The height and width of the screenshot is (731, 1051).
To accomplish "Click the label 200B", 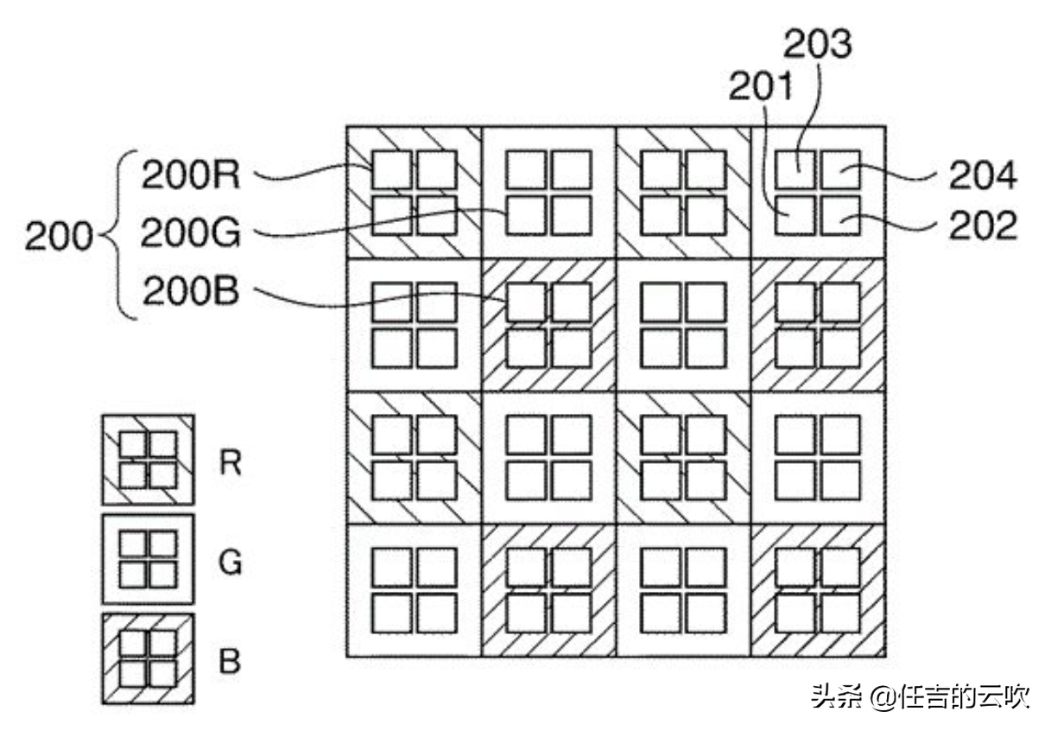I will pyautogui.click(x=191, y=292).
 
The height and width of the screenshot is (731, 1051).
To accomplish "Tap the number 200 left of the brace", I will pyautogui.click(x=59, y=236).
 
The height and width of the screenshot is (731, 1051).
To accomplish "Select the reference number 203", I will pyautogui.click(x=816, y=44).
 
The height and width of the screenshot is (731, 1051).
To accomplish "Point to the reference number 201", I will pyautogui.click(x=761, y=86).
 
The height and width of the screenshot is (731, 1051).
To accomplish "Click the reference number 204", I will pyautogui.click(x=983, y=176).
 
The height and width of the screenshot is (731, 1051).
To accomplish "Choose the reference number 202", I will pyautogui.click(x=983, y=226).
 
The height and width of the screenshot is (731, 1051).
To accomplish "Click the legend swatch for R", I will pyautogui.click(x=148, y=460).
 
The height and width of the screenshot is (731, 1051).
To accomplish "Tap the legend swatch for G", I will pyautogui.click(x=148, y=559).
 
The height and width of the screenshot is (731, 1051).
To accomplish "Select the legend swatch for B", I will pyautogui.click(x=148, y=658).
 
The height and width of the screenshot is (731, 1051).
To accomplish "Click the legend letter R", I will pyautogui.click(x=230, y=463).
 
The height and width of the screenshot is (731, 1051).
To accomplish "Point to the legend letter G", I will pyautogui.click(x=231, y=563).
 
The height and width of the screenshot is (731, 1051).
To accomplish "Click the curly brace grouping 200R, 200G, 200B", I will pyautogui.click(x=121, y=235).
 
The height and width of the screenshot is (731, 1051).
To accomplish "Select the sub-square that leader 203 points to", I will pyautogui.click(x=795, y=169).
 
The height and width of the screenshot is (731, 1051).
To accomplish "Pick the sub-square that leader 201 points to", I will pyautogui.click(x=795, y=215).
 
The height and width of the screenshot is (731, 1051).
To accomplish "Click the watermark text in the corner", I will pyautogui.click(x=920, y=696).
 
